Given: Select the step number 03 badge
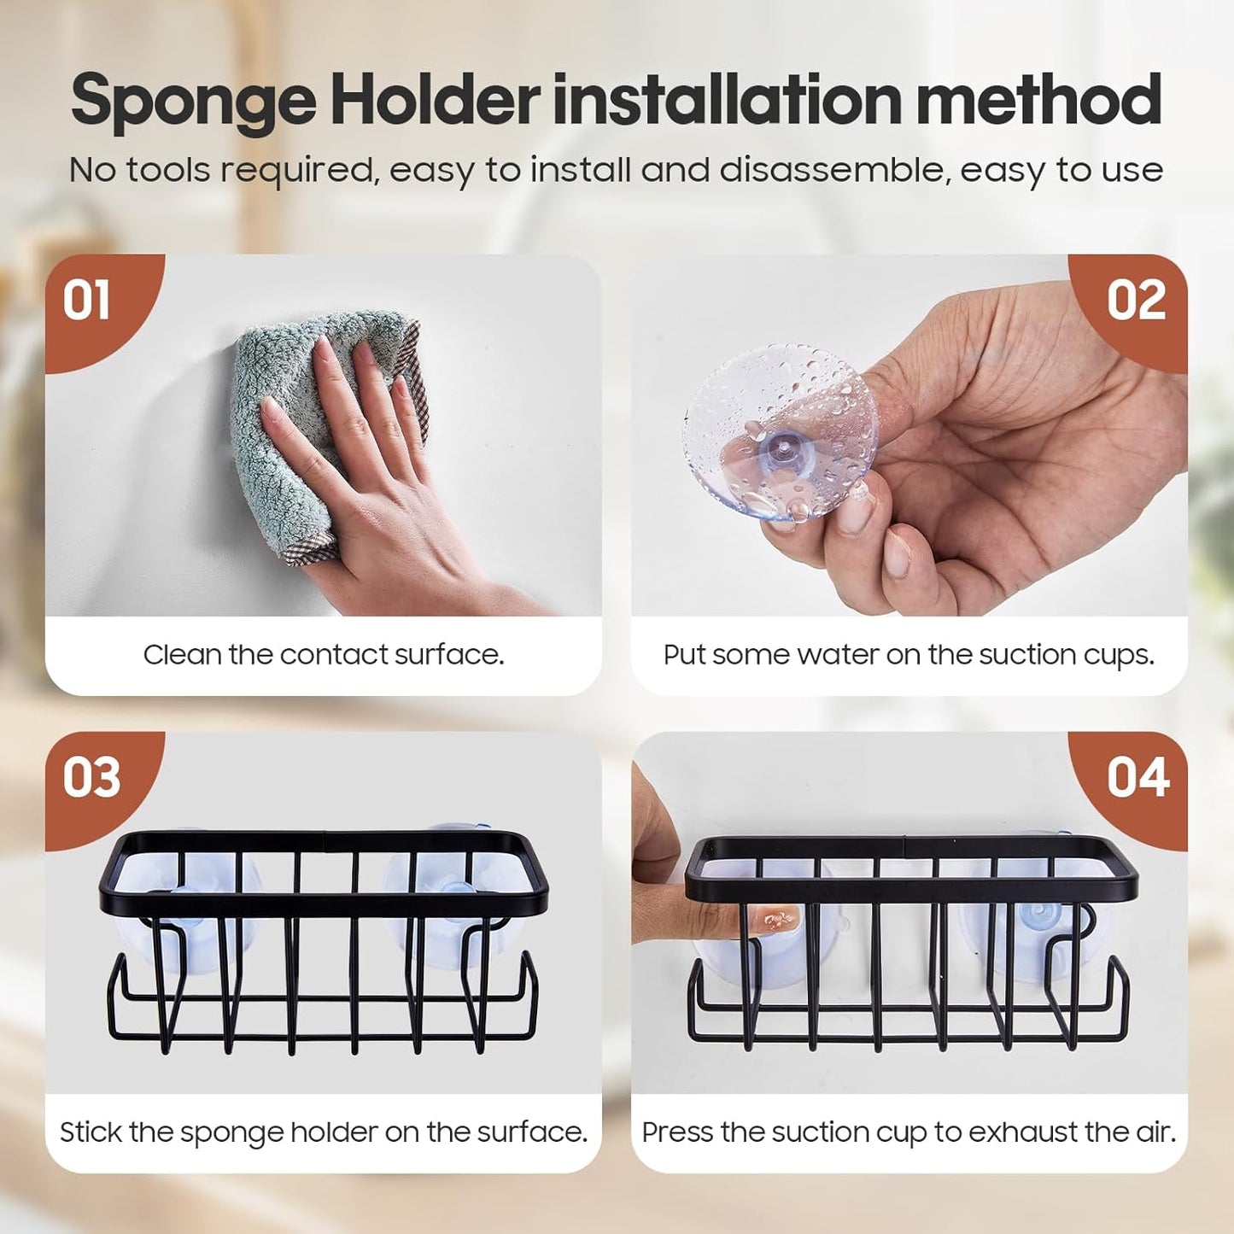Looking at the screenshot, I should point(91,778).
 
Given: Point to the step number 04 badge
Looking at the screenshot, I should point(1138,778).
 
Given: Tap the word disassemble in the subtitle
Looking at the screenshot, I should point(834,170).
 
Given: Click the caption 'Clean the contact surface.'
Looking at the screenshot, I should point(324,655).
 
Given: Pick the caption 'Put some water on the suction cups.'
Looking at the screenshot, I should point(909,655).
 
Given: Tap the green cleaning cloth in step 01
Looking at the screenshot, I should point(282,427).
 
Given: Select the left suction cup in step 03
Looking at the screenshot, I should point(196,905).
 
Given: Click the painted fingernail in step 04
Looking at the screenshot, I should point(779,920).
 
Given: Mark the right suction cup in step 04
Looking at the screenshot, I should point(1025,922).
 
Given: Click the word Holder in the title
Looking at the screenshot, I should point(435,99).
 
